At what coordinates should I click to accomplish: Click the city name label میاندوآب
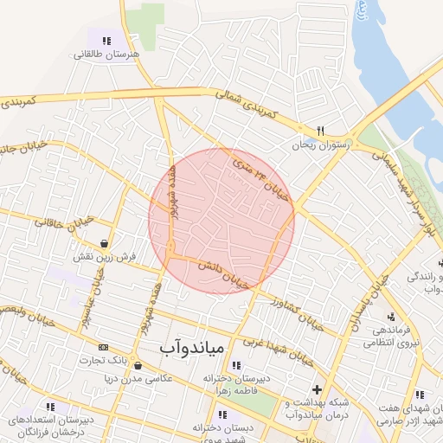coord(192,348)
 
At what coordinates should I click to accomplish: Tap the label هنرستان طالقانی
coord(104,54)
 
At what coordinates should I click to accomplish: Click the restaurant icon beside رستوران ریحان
coord(320,131)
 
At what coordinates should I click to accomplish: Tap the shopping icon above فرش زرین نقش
coord(105,243)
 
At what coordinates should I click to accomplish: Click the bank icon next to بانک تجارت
coord(104,347)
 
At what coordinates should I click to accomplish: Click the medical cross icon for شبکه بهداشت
coord(317,389)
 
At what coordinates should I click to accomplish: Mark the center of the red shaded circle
coord(221,221)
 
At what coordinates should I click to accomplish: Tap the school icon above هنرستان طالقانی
coord(106,40)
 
